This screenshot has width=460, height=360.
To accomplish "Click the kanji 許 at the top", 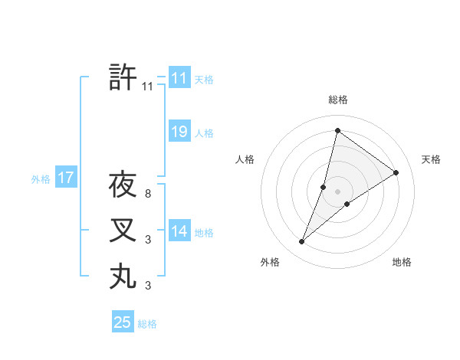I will tap(123, 77).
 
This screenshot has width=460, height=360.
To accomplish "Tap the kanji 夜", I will tap(123, 185).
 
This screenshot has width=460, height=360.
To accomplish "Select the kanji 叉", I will tap(123, 231).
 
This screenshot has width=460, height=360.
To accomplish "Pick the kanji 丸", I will tap(123, 276).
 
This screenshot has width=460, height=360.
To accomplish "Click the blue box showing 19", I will tap(179, 132).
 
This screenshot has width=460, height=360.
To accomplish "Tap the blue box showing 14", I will tap(179, 231).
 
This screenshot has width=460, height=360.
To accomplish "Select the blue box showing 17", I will tap(66, 178).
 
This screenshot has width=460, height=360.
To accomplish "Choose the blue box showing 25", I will tap(123, 322).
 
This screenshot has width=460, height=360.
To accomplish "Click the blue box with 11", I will tap(179, 78).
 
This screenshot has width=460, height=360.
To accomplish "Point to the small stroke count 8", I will tap(147, 195).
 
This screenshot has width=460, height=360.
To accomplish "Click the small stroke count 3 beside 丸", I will tap(147, 286).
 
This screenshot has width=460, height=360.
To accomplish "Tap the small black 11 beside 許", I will tap(147, 87).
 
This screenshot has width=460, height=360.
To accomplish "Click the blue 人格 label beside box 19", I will tap(204, 133).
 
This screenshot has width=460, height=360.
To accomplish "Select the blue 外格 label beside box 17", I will tap(41, 179).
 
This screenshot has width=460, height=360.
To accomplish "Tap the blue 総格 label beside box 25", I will tap(147, 324).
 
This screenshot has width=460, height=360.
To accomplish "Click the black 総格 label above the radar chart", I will tap(337, 100).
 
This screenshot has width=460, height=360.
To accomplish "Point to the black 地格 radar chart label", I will tap(402, 262).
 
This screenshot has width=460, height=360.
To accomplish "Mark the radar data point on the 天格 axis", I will tap(396, 172).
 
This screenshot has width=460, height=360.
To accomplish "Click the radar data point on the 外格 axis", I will tap(302, 242).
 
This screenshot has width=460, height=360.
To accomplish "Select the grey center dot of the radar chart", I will tap(337, 191).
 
